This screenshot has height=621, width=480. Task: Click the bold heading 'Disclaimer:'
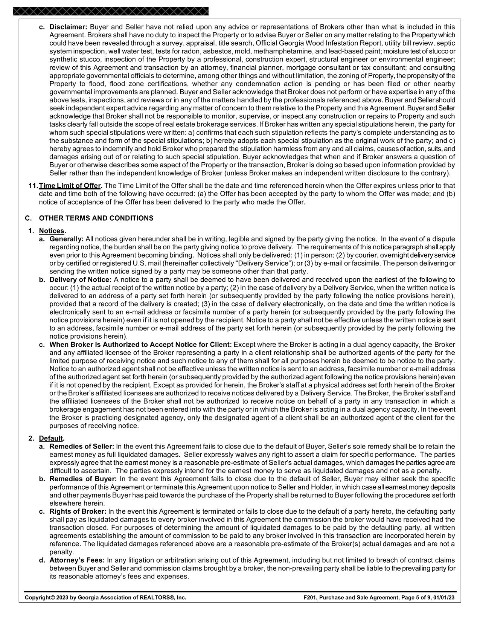pyautogui.click(x=68, y=27)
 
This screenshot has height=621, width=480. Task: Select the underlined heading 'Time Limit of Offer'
pyautogui.click(x=70, y=186)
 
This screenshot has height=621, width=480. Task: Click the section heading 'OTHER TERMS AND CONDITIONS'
pyautogui.click(x=96, y=218)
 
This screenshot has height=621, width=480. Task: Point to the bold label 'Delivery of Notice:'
pyautogui.click(x=81, y=279)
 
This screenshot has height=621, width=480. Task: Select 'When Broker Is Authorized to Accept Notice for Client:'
pyautogui.click(x=141, y=345)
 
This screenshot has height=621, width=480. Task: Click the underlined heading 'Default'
pyautogui.click(x=51, y=438)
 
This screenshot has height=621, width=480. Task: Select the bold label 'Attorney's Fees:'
pyautogui.click(x=77, y=560)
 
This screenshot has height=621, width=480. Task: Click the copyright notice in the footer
pyautogui.click(x=105, y=597)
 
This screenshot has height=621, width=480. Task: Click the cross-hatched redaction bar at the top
pyautogui.click(x=110, y=11)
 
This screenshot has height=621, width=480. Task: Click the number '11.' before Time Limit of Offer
pyautogui.click(x=33, y=186)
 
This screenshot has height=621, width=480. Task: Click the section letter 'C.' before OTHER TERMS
pyautogui.click(x=28, y=218)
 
